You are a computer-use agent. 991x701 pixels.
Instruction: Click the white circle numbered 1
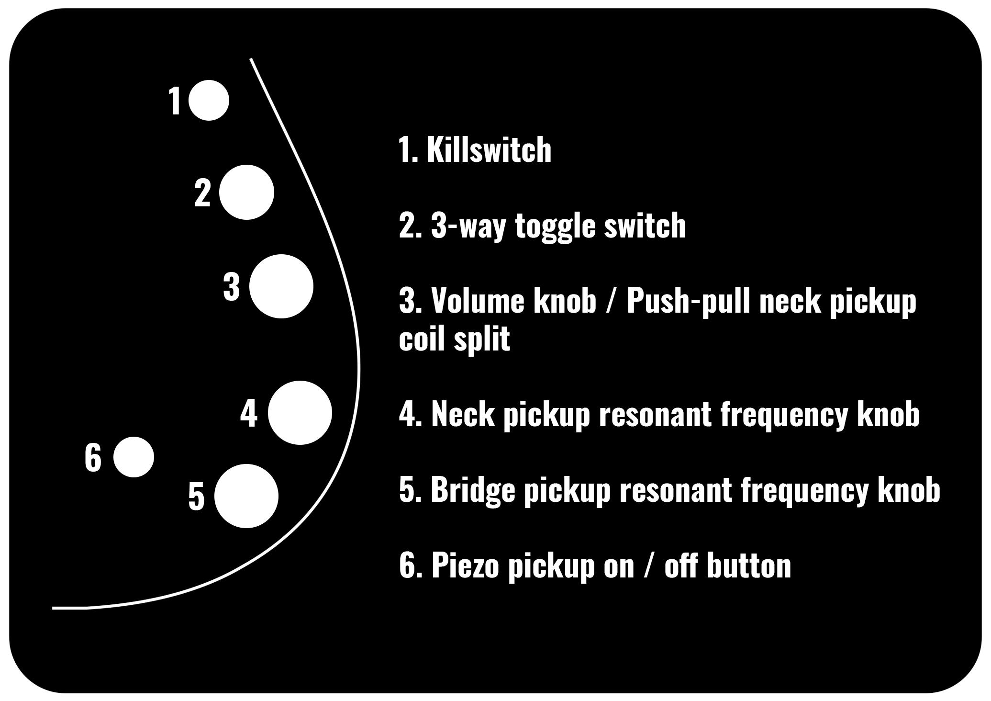click(209, 100)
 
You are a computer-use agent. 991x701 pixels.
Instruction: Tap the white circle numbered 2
click(246, 192)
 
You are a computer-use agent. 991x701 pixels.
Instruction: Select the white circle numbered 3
click(281, 286)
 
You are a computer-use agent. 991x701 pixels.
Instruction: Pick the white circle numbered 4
click(300, 413)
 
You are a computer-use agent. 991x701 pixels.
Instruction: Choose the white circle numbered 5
click(246, 496)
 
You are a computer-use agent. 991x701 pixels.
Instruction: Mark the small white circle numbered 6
click(134, 457)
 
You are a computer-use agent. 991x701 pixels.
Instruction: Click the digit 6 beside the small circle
click(93, 457)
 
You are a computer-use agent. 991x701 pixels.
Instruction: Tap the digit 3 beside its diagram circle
click(232, 287)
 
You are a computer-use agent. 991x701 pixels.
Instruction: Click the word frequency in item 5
click(803, 491)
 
